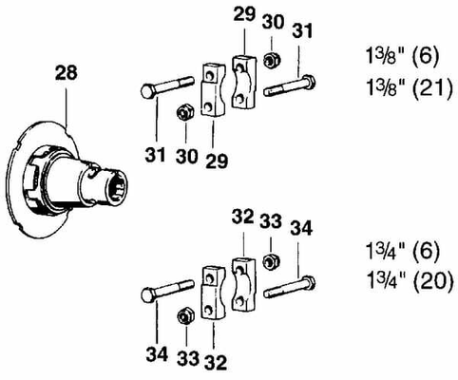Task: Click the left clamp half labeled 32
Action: [211, 290]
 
